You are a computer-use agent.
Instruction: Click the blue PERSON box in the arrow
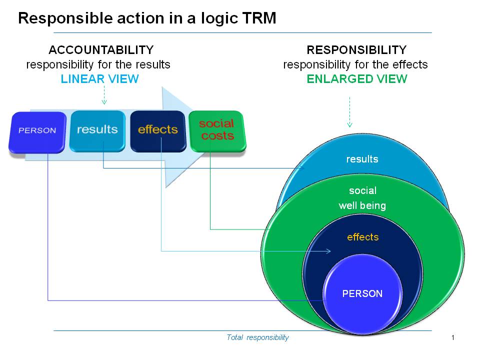pyautogui.click(x=37, y=131)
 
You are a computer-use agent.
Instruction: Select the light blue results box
pyautogui.click(x=97, y=130)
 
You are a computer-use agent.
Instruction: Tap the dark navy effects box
pyautogui.click(x=157, y=130)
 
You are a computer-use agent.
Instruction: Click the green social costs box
pyautogui.click(x=217, y=130)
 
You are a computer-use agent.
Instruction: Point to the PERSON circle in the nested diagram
pyautogui.click(x=362, y=293)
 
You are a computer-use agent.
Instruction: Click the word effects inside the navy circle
pyautogui.click(x=362, y=237)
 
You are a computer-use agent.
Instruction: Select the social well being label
pyautogui.click(x=362, y=198)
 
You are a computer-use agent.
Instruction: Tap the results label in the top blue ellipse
pyautogui.click(x=362, y=159)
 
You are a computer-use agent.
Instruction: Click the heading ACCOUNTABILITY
pyautogui.click(x=101, y=50)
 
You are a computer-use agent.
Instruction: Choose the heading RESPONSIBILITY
pyautogui.click(x=356, y=50)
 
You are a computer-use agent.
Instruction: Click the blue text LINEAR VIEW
pyautogui.click(x=99, y=79)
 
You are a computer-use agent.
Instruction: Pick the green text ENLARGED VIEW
pyautogui.click(x=356, y=79)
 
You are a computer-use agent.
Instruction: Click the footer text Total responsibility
pyautogui.click(x=257, y=337)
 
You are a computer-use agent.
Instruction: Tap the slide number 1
pyautogui.click(x=452, y=337)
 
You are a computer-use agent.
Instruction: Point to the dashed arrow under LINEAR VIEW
pyautogui.click(x=104, y=95)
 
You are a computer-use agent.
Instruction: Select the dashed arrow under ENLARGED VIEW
pyautogui.click(x=349, y=112)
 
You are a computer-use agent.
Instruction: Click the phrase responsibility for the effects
pyautogui.click(x=355, y=64)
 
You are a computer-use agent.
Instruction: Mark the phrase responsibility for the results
pyautogui.click(x=98, y=64)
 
